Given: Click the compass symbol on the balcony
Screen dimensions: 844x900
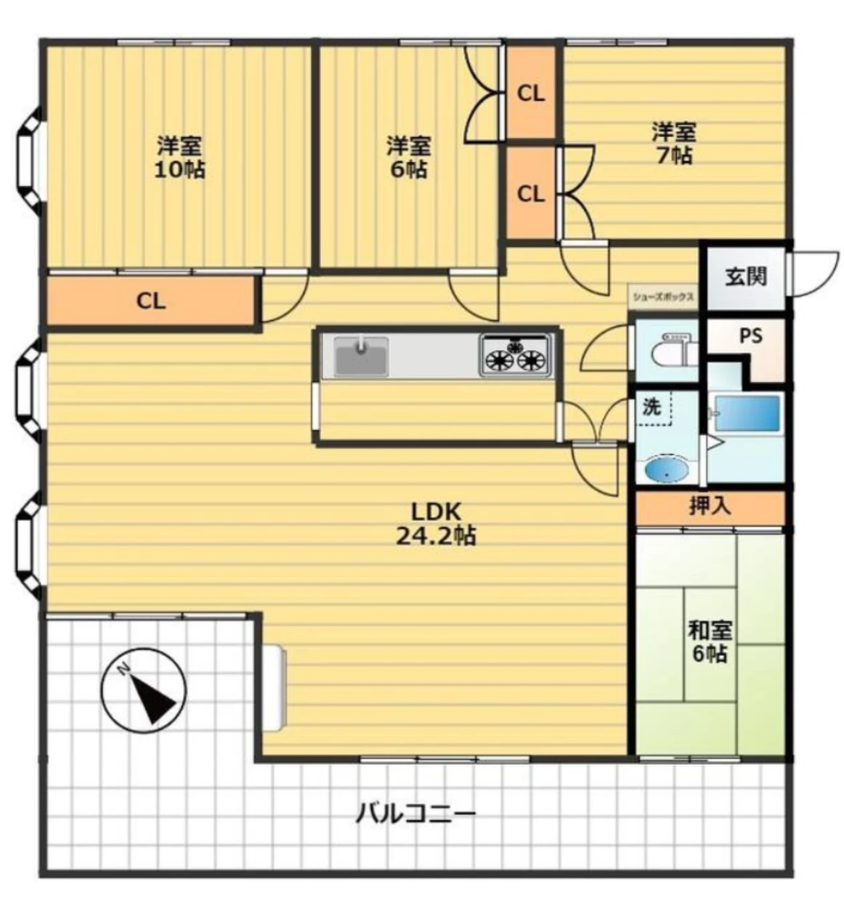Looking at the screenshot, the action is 143,692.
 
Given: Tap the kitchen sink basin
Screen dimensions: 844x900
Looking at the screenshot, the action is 361,356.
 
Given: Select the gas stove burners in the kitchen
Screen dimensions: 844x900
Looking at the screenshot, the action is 515,355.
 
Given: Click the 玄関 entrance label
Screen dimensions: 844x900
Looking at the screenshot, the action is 746,277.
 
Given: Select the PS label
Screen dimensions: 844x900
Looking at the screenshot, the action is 750,336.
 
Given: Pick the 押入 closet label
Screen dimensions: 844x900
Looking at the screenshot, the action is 710,506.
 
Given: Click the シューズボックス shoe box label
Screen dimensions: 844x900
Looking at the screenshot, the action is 663,297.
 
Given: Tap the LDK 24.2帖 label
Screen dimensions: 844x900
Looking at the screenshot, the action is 436,524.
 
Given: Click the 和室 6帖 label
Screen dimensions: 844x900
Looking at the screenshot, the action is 710,642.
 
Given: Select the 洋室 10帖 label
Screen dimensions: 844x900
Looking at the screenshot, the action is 179,157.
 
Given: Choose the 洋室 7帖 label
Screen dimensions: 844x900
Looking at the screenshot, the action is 674,143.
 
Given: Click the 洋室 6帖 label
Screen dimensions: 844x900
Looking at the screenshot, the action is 408,157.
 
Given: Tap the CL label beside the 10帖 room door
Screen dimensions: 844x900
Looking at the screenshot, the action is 151,301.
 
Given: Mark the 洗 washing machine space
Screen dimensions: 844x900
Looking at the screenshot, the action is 654,408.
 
